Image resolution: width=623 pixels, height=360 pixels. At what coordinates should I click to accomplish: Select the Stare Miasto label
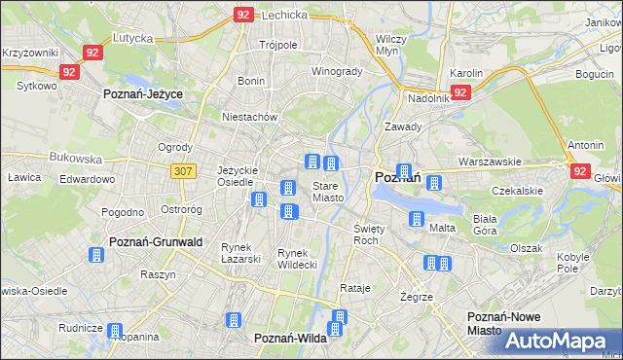327,192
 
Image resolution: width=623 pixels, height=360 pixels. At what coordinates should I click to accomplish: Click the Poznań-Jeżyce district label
144,93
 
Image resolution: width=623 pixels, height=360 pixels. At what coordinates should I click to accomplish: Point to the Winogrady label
337,71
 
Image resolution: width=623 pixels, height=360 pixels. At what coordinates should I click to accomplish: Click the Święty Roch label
367,234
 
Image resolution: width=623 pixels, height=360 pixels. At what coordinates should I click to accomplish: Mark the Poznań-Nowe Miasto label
497,324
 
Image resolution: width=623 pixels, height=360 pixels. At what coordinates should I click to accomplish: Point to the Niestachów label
250,117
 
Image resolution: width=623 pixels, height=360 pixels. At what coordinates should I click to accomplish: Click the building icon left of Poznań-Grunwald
95,255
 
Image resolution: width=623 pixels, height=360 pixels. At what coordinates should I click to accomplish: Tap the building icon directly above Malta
417,219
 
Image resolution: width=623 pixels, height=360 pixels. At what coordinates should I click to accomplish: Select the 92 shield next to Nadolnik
460,92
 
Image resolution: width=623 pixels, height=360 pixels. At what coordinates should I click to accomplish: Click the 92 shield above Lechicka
243,15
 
